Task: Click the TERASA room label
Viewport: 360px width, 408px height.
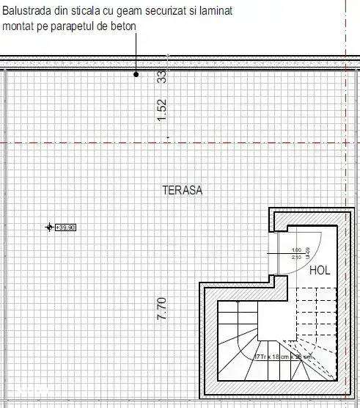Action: [x=182, y=190]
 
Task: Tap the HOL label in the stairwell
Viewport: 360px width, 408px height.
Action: [x=320, y=270]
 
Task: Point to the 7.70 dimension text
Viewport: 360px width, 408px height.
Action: [x=163, y=307]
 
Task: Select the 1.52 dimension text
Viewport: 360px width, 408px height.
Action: [x=163, y=109]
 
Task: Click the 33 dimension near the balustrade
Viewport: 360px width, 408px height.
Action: [x=163, y=76]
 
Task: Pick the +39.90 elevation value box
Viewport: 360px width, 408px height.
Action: [x=65, y=227]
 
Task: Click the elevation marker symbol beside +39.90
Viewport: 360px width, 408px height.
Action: [x=49, y=227]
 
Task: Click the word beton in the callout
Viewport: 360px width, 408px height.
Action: [x=125, y=26]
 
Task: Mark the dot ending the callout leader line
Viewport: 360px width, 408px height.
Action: [x=136, y=74]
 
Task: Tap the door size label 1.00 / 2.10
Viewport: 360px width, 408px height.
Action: [x=296, y=254]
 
